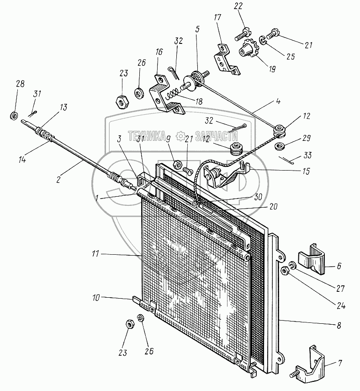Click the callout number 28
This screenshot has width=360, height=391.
pos(20,84)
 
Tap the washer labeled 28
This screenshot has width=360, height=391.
pos(14,116)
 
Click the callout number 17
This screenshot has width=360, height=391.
pos(217,17)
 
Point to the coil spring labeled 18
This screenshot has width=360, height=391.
pos(171,94)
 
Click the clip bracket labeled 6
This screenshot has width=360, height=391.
pos(312,260)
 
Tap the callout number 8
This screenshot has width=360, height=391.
pos(339,326)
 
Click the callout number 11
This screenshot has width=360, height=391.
pos(95,254)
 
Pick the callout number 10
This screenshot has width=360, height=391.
pos(96,298)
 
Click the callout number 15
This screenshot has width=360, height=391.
pos(306,171)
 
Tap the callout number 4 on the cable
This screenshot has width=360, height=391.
pos(278,101)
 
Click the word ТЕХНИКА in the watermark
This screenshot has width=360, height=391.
pos(147,136)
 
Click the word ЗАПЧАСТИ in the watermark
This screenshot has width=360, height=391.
pos(216,136)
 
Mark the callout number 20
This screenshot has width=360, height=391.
pos(273,206)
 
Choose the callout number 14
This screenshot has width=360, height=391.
pos(22,159)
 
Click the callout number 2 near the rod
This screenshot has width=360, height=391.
pos(58,179)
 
